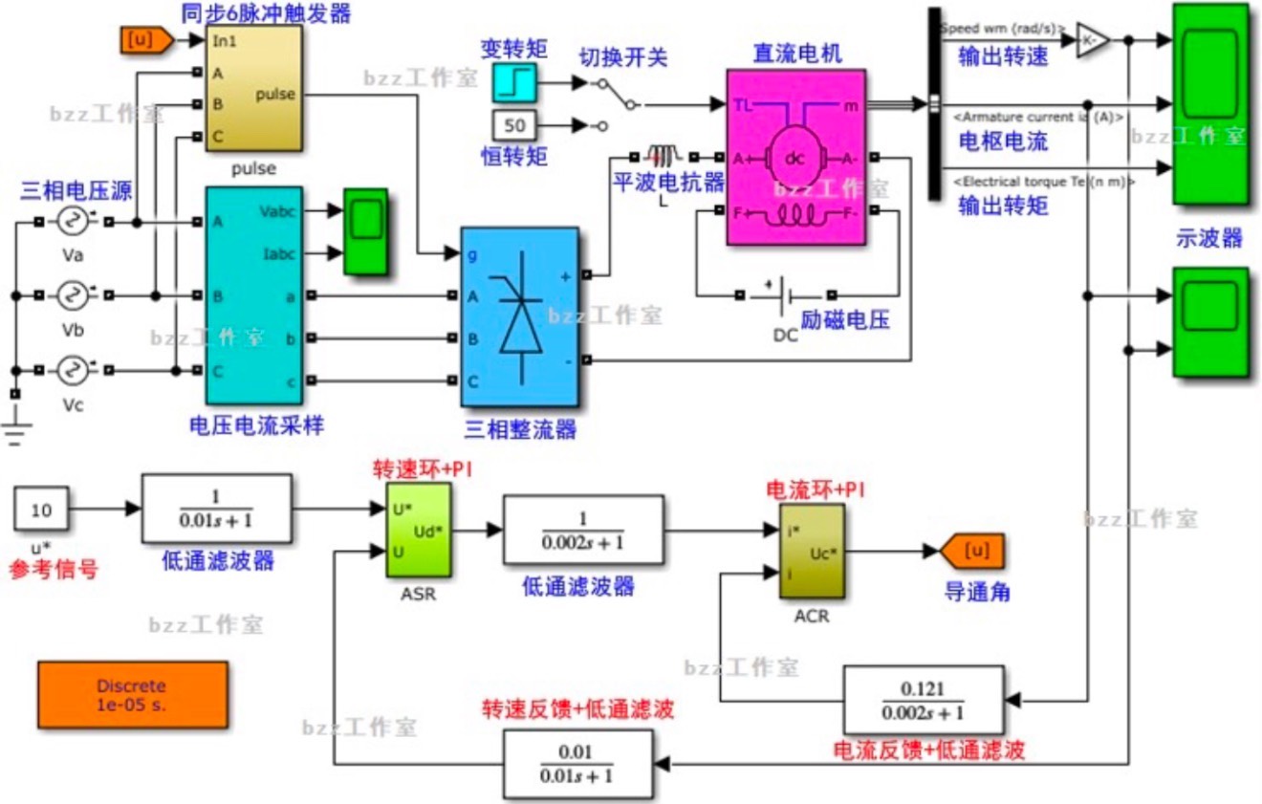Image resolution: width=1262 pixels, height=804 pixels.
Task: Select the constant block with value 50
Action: pyautogui.click(x=515, y=125)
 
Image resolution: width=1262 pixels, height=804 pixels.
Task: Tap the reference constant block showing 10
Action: pyautogui.click(x=41, y=510)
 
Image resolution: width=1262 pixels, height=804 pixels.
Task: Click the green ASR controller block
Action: pyautogui.click(x=419, y=530)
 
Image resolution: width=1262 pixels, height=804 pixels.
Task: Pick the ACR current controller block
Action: pyautogui.click(x=812, y=552)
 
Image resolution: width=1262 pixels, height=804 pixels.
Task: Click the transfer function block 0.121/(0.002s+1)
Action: pyautogui.click(x=923, y=700)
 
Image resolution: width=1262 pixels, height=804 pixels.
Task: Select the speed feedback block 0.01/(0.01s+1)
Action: pyautogui.click(x=577, y=765)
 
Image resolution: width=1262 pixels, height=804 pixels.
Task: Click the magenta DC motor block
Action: pyautogui.click(x=795, y=157)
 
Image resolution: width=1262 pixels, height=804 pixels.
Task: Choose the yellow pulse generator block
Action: pyautogui.click(x=253, y=88)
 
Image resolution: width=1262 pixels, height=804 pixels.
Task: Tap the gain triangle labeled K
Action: pyautogui.click(x=1091, y=41)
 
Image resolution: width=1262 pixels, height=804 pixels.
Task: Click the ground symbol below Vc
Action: pyautogui.click(x=14, y=428)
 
